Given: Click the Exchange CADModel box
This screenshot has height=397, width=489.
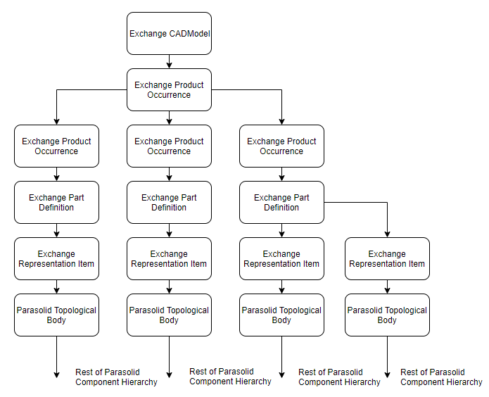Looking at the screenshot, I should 169,33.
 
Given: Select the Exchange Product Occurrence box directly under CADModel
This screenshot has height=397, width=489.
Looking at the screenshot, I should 169,89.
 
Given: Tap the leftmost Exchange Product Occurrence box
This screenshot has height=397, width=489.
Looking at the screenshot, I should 56,146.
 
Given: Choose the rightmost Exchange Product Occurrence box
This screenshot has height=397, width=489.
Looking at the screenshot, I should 281,146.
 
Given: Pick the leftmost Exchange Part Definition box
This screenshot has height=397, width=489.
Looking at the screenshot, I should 56,202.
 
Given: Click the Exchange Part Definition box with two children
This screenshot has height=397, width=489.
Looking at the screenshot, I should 281,202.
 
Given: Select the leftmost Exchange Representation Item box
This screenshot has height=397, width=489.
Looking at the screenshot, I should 56,258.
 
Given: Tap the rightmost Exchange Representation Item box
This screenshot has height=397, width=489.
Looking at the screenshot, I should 387,258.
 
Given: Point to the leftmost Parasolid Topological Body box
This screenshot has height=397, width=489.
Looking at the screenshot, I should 56,315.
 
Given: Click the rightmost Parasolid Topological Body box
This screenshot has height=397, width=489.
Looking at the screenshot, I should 387,315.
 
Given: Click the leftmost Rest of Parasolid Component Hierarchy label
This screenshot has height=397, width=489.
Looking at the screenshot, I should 116,377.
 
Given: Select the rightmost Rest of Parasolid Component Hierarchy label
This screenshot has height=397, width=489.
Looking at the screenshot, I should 441,377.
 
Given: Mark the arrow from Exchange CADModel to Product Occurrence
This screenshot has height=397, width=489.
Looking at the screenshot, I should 169,61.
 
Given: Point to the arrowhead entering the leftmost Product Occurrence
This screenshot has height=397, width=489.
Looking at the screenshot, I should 56,121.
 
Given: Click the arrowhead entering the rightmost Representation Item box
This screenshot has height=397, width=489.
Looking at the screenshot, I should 387,234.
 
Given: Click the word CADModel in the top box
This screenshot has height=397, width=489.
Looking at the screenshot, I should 189,33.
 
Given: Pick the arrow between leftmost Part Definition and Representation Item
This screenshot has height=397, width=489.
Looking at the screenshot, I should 56,230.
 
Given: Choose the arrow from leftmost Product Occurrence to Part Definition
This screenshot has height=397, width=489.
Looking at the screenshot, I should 56,174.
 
